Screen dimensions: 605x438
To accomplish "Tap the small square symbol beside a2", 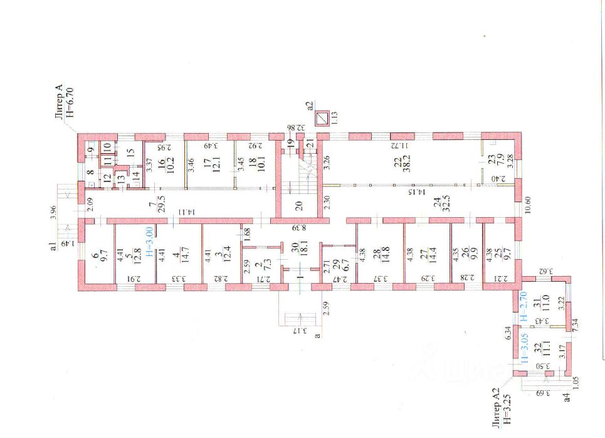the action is pyautogui.click(x=323, y=118).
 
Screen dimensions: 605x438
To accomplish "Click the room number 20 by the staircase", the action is pyautogui.click(x=299, y=206).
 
